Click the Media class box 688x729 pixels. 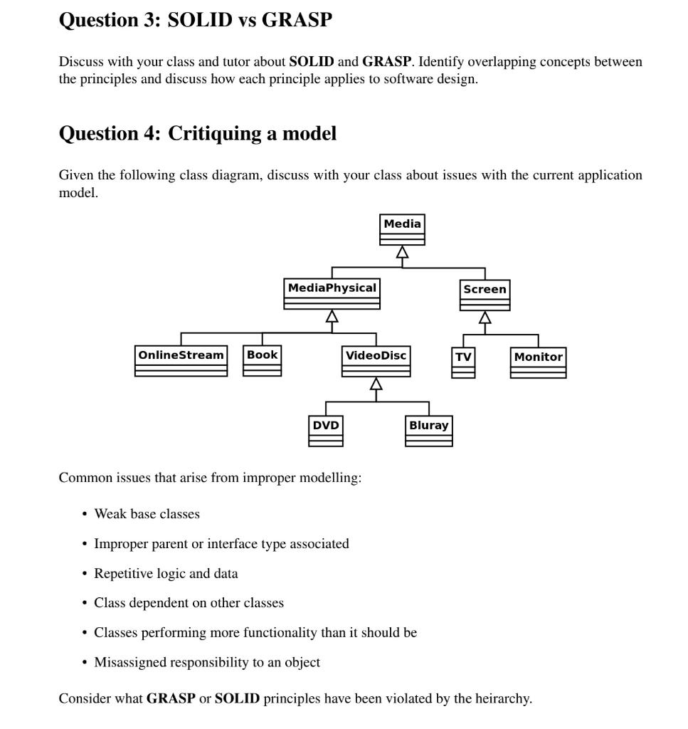(x=402, y=229)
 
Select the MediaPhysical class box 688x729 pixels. (x=332, y=293)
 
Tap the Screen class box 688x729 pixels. (x=485, y=295)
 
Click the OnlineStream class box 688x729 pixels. (x=181, y=360)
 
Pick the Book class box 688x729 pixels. (x=262, y=360)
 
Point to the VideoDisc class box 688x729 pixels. (x=376, y=361)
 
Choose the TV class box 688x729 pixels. (x=463, y=362)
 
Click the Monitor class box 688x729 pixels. (x=538, y=362)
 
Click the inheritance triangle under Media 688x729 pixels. (x=402, y=252)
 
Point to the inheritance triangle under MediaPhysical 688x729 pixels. (x=332, y=316)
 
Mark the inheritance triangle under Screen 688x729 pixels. (x=485, y=318)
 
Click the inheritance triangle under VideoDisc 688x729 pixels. (x=376, y=384)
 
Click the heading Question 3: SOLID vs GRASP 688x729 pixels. (x=195, y=20)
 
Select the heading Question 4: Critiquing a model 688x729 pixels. (x=197, y=133)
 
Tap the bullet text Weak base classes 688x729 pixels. (x=147, y=514)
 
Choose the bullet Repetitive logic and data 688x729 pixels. (x=166, y=573)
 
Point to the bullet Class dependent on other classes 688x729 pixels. (x=189, y=603)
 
